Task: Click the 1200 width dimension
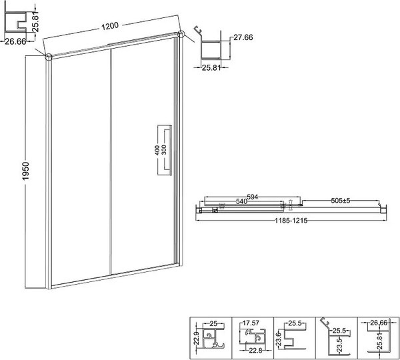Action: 111,27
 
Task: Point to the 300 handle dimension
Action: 164,151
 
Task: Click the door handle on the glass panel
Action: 164,150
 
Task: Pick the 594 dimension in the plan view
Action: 252,197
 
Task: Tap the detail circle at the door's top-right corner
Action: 181,34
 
